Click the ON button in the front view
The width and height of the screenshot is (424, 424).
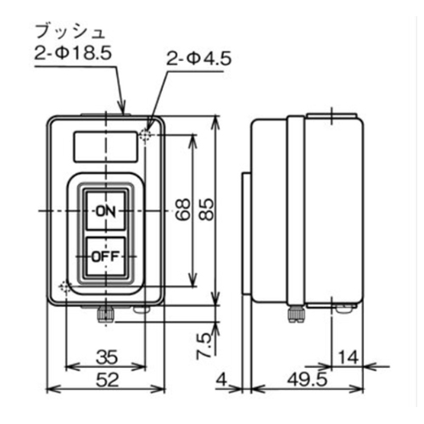point(104,210)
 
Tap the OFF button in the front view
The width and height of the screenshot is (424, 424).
point(104,254)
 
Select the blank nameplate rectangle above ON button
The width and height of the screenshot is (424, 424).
point(104,146)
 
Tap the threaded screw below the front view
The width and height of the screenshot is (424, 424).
point(104,314)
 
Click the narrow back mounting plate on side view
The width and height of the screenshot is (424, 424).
point(245,237)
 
